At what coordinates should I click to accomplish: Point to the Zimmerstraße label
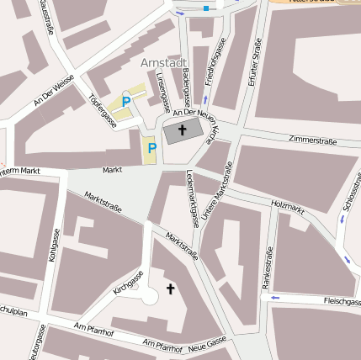312,140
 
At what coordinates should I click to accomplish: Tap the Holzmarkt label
288,204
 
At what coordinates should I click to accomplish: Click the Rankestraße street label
268,268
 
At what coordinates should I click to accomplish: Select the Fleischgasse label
342,301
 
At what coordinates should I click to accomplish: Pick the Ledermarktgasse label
191,199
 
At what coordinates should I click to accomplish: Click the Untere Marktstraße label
217,193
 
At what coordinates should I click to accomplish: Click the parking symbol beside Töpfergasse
126,102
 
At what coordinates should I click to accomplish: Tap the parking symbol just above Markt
152,148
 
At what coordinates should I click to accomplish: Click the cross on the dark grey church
183,131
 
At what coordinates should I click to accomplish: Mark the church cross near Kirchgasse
171,289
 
